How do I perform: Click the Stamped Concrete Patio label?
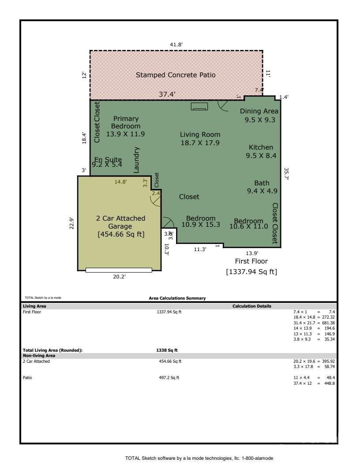point(176,75)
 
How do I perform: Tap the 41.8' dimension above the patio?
point(176,45)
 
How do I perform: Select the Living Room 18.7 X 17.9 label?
point(200,139)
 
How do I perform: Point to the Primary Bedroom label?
point(126,126)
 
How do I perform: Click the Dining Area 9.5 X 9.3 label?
point(259,115)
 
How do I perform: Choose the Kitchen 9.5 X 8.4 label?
point(261,151)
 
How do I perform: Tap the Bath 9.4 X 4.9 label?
point(262,187)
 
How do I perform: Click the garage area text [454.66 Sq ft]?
point(121,234)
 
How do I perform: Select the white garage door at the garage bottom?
point(119,270)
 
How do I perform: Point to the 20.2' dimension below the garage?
point(119,277)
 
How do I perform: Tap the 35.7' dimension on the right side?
point(287,173)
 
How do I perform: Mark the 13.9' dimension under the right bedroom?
point(251,253)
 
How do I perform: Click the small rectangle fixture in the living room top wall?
point(199,106)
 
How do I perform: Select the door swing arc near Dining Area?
point(223,105)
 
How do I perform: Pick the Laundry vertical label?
point(136,160)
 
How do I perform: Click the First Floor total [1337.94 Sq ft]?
point(251,272)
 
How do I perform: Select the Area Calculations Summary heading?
point(177,298)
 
